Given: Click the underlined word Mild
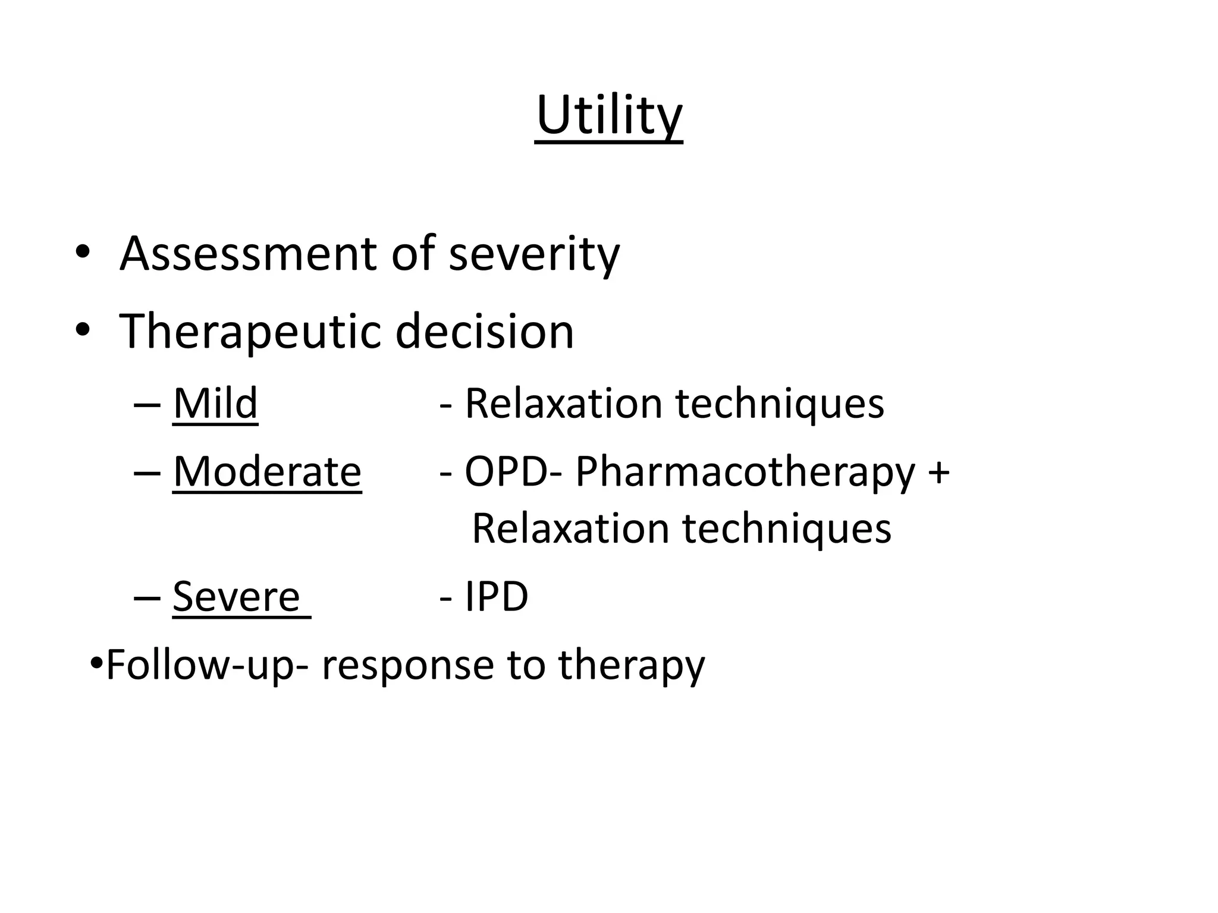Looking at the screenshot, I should click(215, 404).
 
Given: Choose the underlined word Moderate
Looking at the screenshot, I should click(267, 471).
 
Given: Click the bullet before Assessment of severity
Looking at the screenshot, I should click(83, 253).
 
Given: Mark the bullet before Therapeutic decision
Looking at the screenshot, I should click(83, 330).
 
